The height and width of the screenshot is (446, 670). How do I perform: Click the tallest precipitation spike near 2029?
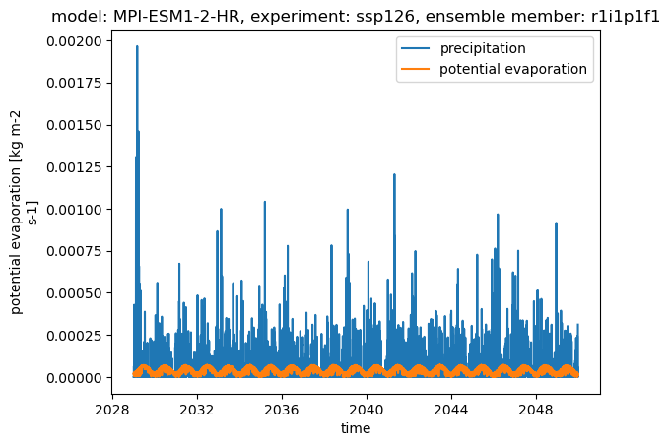point(137,46)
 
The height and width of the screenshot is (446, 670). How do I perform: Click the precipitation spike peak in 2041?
point(394,174)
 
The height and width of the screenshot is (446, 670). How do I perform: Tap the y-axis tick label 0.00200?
point(74,41)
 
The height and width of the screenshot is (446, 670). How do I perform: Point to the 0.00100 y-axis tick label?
point(74,210)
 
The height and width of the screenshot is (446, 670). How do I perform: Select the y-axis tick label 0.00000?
point(74,378)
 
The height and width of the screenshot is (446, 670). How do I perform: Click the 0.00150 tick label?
point(74,125)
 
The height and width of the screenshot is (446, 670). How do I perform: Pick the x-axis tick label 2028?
point(112,411)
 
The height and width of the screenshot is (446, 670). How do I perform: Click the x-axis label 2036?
point(282,411)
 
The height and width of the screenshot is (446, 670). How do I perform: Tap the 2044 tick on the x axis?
point(451,411)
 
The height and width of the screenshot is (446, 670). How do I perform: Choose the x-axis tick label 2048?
point(536,411)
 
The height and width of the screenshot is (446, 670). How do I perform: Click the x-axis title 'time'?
point(356,428)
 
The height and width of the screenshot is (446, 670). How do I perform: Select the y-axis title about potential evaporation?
point(23,212)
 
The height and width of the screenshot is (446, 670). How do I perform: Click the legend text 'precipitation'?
point(483,48)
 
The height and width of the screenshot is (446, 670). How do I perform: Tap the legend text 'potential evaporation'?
point(513,69)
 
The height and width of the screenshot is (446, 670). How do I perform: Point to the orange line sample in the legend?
point(416,69)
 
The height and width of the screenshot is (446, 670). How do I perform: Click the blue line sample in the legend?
point(416,48)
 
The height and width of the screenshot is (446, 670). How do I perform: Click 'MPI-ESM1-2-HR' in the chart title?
point(175,17)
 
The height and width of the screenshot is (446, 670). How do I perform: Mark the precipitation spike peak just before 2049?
point(556,223)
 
